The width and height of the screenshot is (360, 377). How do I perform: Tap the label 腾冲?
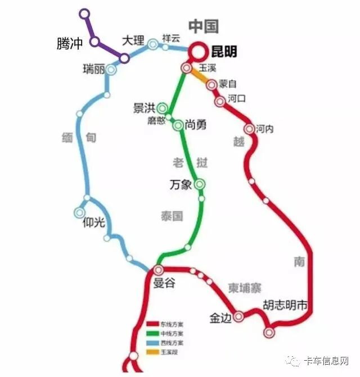(70, 43)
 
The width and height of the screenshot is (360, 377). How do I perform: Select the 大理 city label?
(133, 40)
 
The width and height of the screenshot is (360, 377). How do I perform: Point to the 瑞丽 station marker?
(111, 70)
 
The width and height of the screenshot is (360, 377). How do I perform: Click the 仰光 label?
(93, 222)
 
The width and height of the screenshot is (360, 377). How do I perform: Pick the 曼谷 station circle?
(158, 270)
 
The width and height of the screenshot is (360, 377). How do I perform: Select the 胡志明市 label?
(286, 306)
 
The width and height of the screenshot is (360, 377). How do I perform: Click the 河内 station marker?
(249, 129)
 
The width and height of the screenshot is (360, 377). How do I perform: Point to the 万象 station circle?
(200, 184)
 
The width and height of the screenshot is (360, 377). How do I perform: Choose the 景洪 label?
(143, 108)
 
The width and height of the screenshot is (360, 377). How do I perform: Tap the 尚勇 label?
(195, 125)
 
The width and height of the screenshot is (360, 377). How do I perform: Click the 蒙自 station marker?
(211, 85)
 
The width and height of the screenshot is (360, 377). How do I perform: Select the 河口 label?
(237, 98)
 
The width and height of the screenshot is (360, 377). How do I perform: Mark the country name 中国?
(204, 26)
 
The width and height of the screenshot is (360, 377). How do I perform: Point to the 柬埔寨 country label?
(245, 288)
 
